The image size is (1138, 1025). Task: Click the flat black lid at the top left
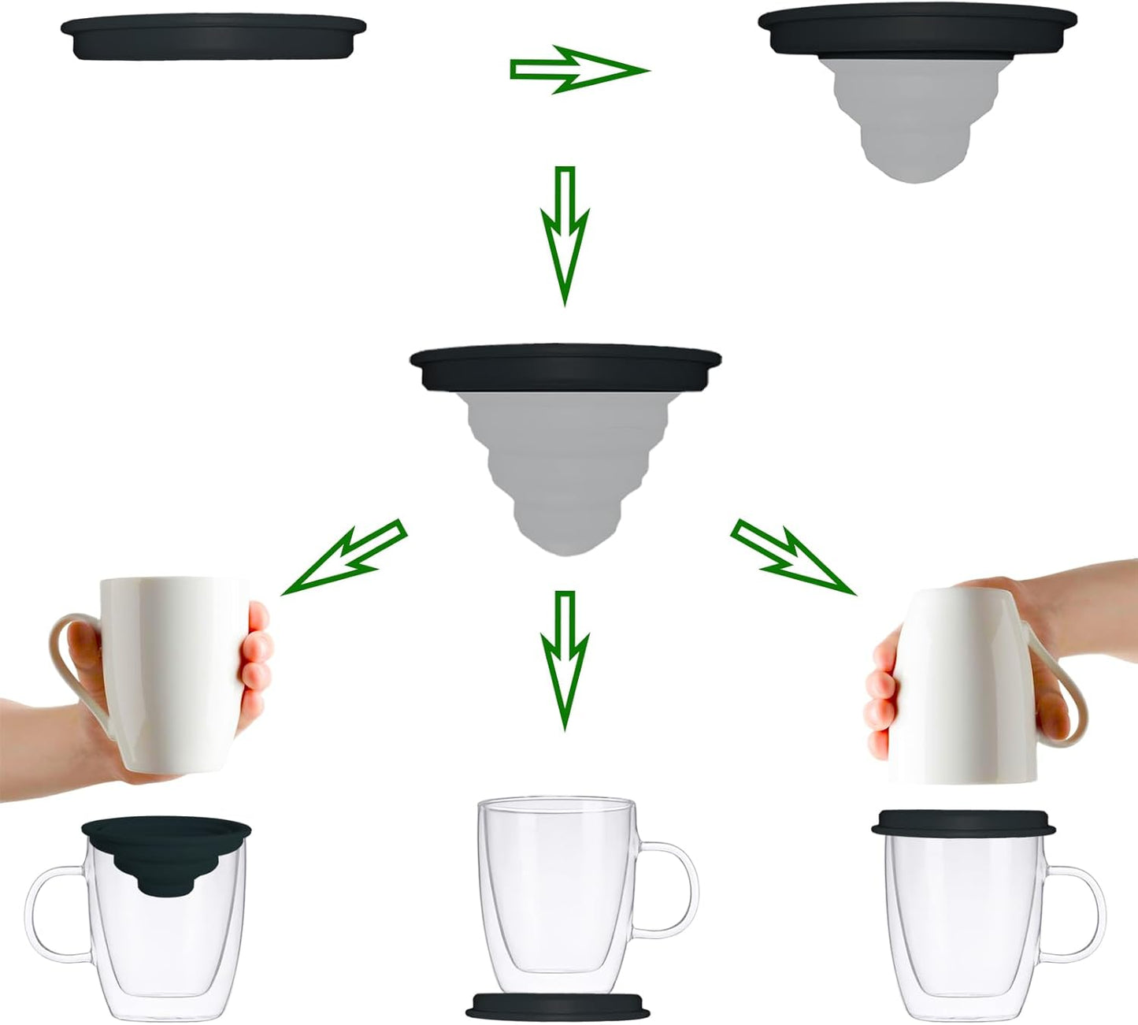[213, 37]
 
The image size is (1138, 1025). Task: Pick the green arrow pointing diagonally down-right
[792, 556]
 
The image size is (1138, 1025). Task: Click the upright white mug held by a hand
[177, 670]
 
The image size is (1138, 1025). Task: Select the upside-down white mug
[957, 685]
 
